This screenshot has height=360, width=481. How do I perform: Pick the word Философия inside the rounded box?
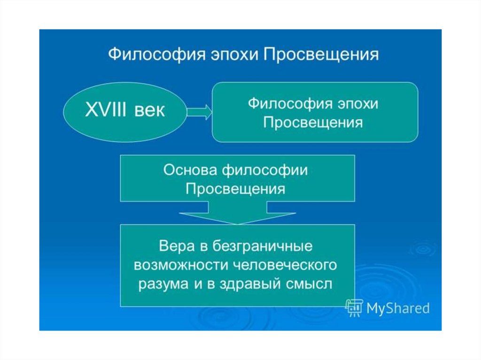(x=283, y=103)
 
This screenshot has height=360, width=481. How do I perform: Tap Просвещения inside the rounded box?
(x=313, y=123)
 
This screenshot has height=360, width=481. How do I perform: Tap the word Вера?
(x=176, y=246)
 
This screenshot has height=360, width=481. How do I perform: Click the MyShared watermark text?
(x=397, y=308)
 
